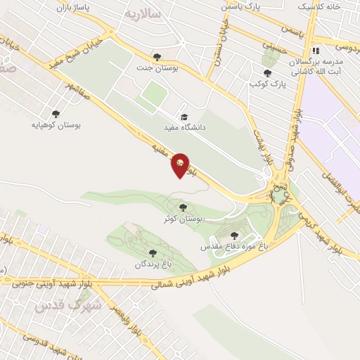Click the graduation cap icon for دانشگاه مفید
tap(184, 117)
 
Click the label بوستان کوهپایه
tap(56, 124)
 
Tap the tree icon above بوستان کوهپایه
tap(56, 113)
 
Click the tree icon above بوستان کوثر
tap(184, 207)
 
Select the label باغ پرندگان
tap(154, 264)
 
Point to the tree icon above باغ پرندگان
tap(152, 252)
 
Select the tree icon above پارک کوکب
tap(266, 72)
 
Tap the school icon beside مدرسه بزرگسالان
tap(316, 51)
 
